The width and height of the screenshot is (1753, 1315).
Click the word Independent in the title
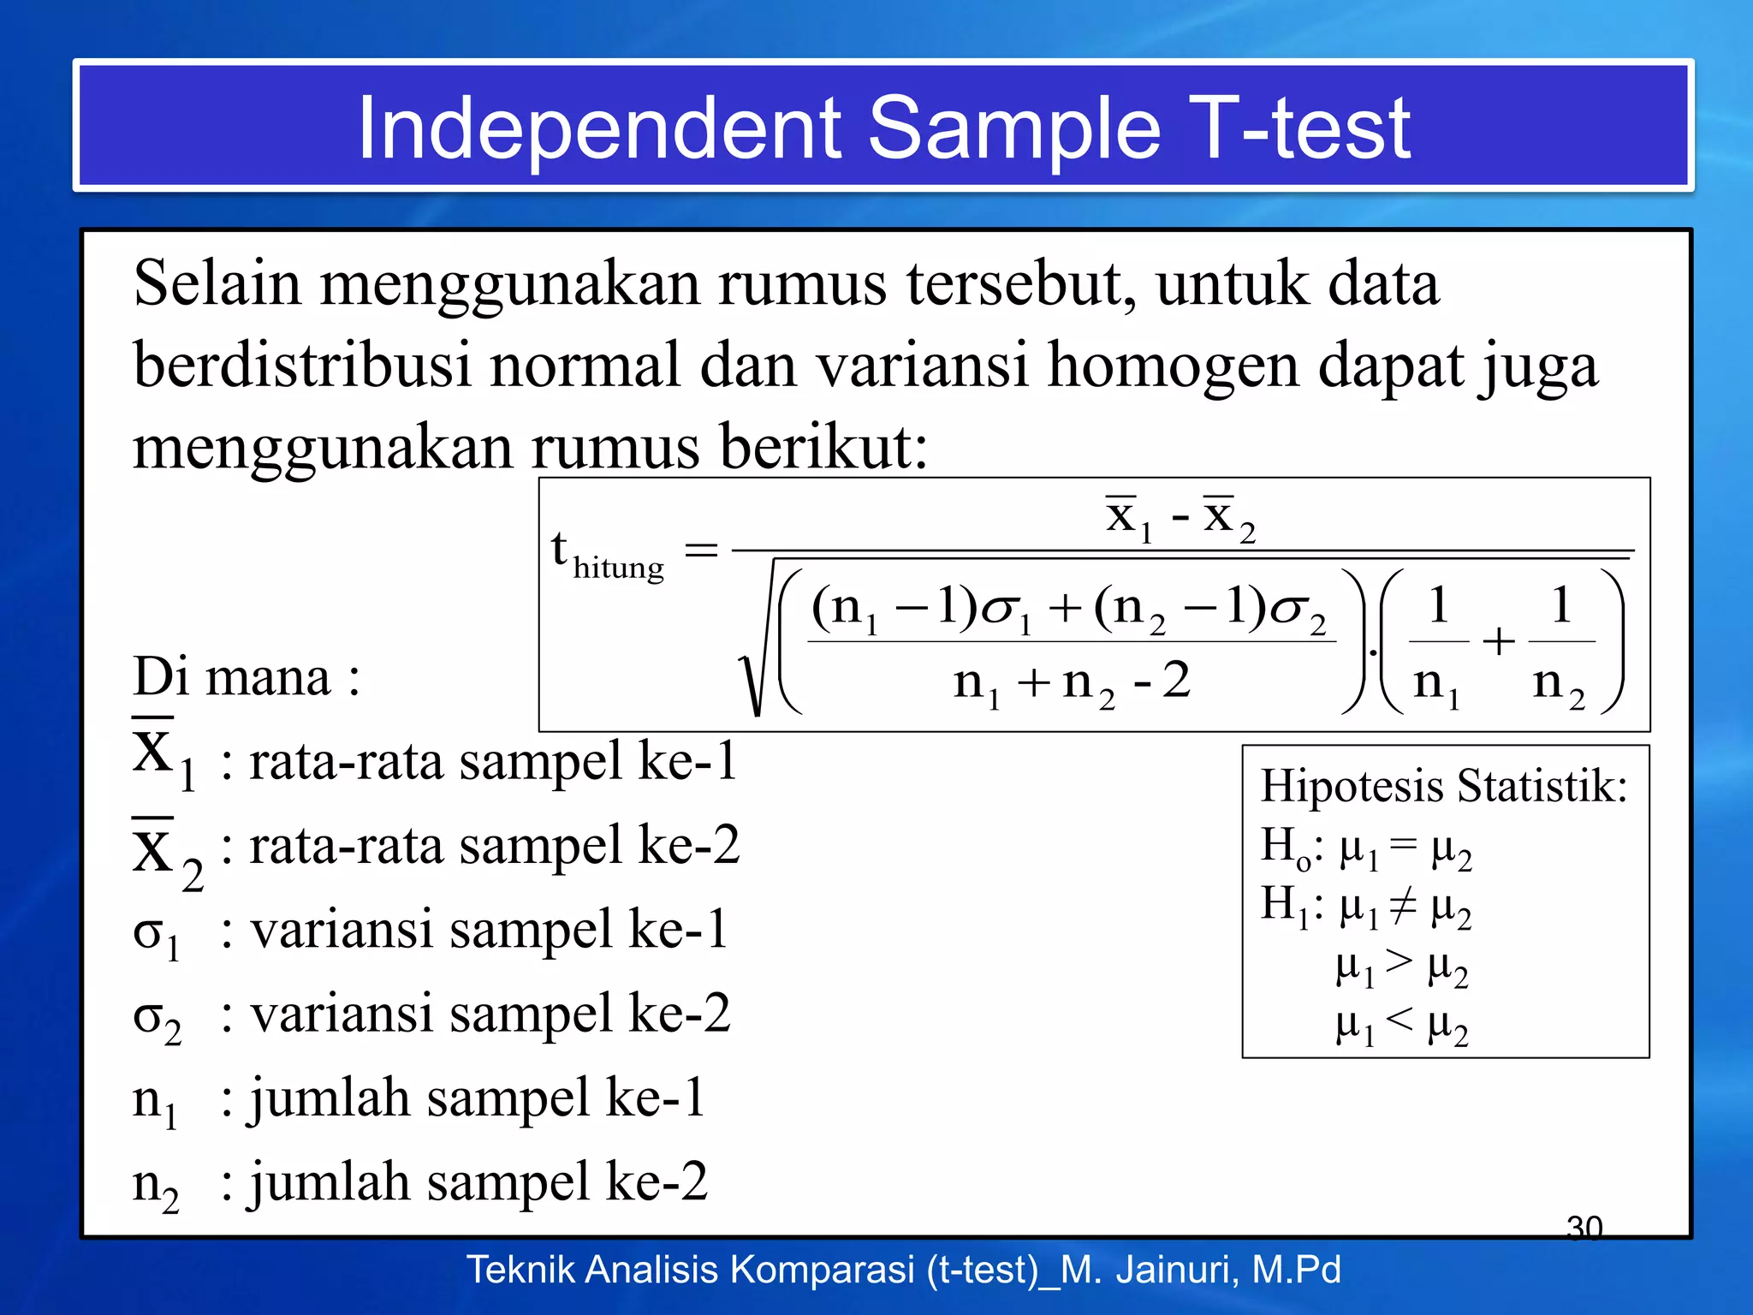(599, 128)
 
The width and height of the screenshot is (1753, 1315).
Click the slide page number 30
(1584, 1228)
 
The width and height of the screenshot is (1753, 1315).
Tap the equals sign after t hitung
(701, 550)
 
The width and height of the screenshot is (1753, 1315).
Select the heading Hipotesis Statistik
(1443, 786)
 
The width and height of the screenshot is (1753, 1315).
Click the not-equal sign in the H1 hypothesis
(1403, 907)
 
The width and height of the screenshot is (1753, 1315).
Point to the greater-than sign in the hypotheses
(1399, 962)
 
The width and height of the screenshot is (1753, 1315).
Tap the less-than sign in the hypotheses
(1399, 1019)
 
